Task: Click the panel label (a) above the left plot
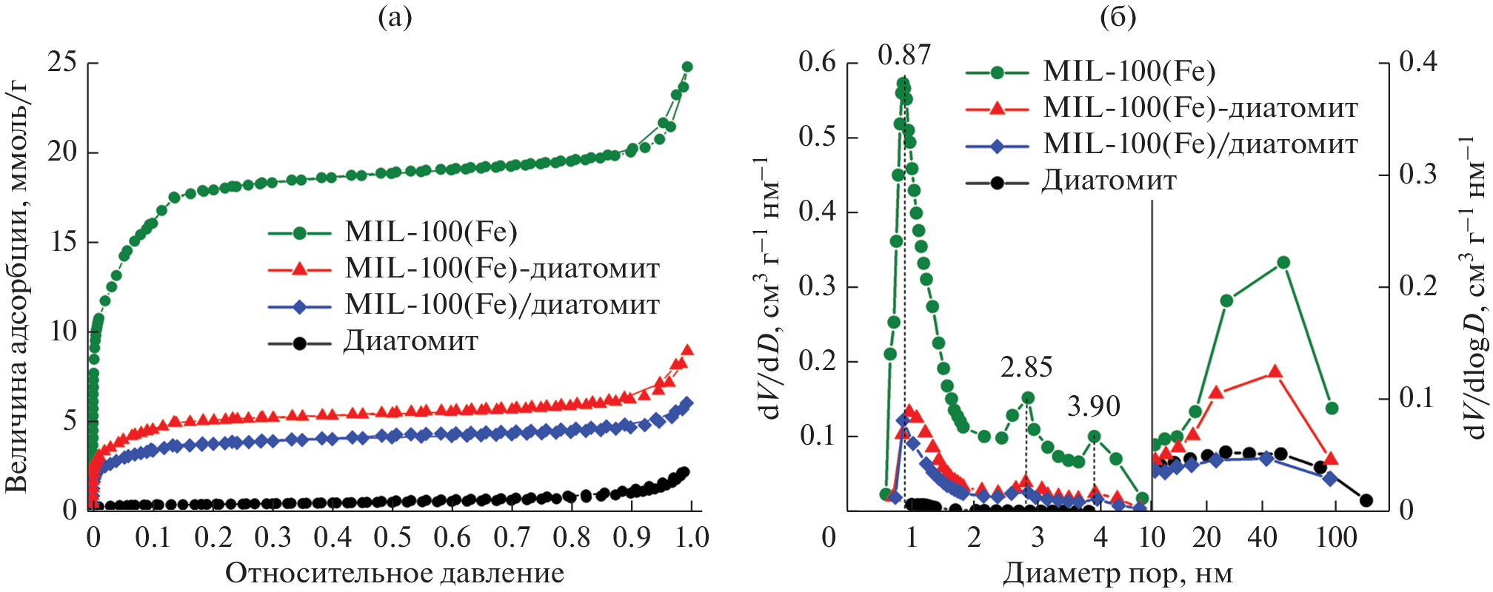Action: pos(395,16)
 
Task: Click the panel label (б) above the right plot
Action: pos(1118,16)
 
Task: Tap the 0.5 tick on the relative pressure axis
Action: pos(393,537)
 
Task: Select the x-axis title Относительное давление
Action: pos(395,573)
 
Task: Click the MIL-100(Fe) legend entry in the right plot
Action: pos(1129,71)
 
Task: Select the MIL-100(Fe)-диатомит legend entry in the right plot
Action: pos(1200,108)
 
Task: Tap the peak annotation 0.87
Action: pos(904,55)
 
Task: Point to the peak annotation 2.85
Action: pos(1026,367)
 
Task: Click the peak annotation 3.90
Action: pos(1094,406)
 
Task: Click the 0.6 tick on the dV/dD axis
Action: pos(817,62)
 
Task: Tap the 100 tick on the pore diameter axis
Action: pos(1336,537)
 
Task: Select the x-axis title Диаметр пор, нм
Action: pos(1118,573)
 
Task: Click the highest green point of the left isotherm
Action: pos(687,67)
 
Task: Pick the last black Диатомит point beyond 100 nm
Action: pos(1366,500)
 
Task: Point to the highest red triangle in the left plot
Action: pos(687,350)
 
